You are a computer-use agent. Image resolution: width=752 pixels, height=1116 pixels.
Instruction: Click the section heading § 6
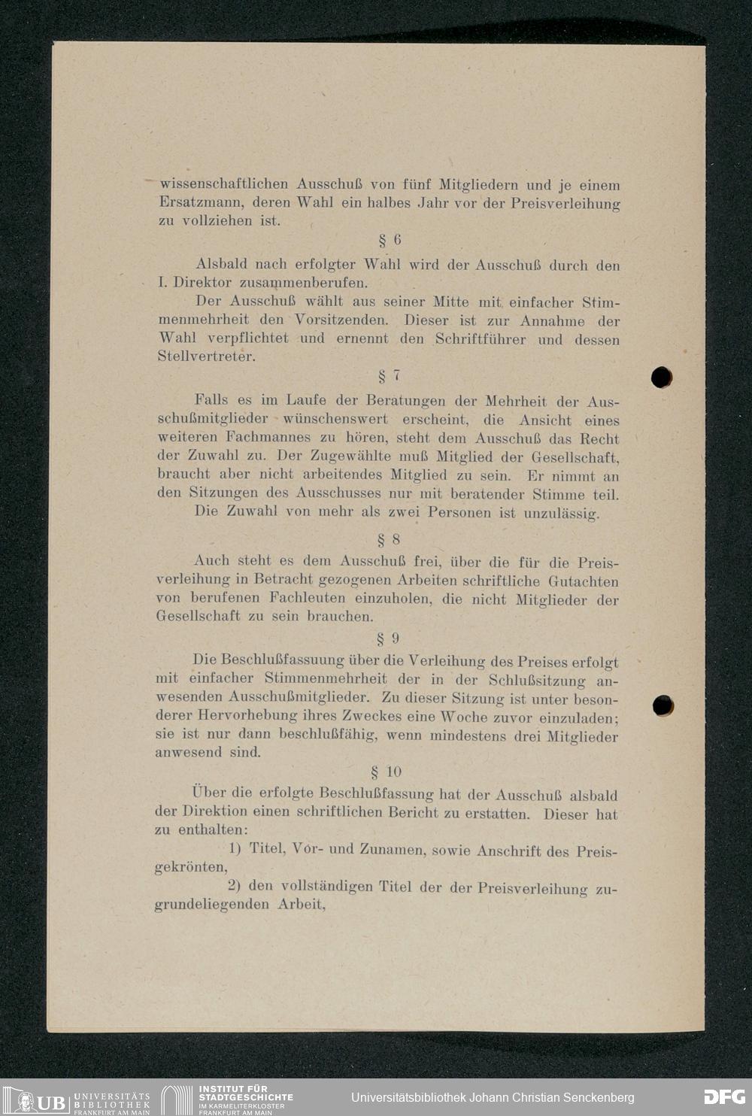click(390, 241)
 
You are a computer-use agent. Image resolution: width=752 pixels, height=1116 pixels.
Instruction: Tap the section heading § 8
click(388, 539)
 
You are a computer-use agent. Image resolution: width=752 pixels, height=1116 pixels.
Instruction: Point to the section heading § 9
click(388, 638)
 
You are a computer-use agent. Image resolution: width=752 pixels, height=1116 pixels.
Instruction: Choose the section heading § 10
click(387, 772)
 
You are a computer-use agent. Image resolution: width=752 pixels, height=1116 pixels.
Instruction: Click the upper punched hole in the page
click(662, 377)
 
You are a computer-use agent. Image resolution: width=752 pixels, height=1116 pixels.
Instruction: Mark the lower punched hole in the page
click(663, 705)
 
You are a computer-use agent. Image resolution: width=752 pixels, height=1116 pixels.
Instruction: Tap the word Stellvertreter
click(205, 356)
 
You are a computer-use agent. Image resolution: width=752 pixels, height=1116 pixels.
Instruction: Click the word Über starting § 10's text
click(208, 792)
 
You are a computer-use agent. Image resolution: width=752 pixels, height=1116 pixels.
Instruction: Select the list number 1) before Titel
click(234, 848)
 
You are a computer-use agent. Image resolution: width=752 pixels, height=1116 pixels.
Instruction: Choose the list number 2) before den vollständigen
click(233, 886)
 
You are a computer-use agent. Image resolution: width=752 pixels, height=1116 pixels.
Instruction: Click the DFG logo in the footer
click(724, 1097)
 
